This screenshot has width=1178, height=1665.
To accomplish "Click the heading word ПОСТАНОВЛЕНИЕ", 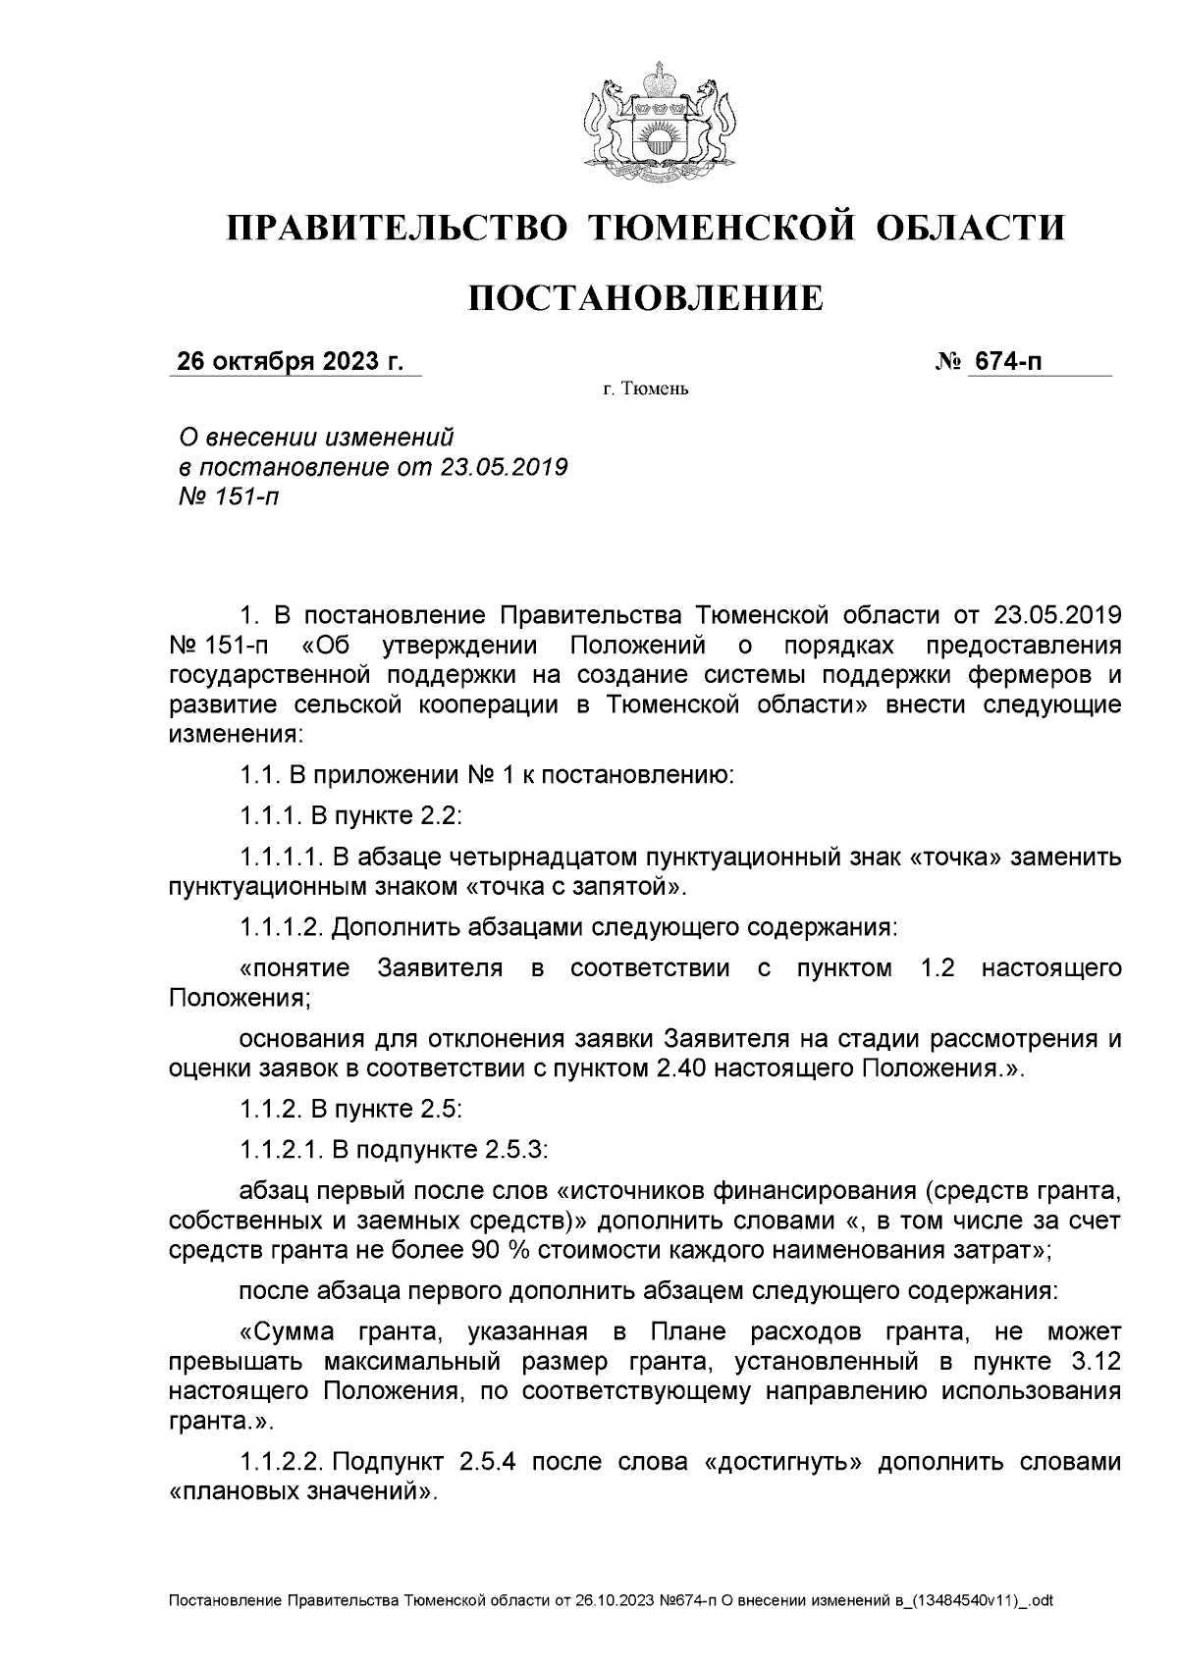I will point(644,297).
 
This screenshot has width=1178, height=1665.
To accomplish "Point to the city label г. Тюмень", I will point(645,390).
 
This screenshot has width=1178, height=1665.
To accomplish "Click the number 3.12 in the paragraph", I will point(1092,1363).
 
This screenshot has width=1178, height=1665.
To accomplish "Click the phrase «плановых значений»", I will point(300,1492).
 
